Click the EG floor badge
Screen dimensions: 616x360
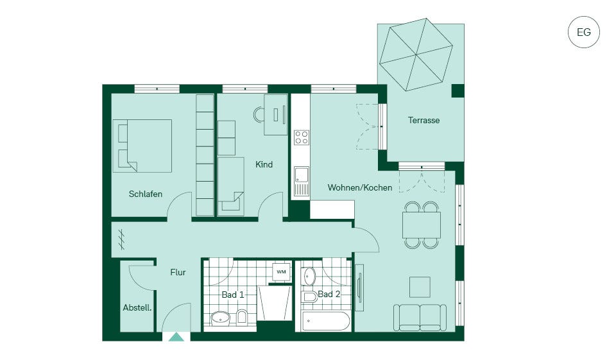click(583, 32)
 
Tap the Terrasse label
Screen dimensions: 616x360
click(424, 120)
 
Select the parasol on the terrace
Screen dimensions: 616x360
click(416, 55)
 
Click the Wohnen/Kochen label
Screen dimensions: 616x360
click(360, 187)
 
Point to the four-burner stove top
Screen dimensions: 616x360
click(302, 137)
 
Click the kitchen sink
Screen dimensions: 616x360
click(302, 181)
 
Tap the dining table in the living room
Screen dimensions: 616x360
click(422, 225)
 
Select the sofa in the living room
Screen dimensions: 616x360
click(420, 318)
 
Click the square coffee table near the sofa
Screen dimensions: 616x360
click(420, 287)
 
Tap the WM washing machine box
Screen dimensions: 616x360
click(281, 271)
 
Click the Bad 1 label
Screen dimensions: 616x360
click(233, 295)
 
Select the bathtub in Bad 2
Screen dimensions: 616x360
click(326, 321)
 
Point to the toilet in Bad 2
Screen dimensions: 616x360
click(310, 297)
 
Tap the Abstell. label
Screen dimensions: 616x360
click(137, 308)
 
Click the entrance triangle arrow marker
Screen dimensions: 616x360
click(176, 337)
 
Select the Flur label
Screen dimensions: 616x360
click(178, 272)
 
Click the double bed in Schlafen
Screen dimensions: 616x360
click(142, 146)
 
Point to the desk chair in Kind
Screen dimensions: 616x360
click(259, 115)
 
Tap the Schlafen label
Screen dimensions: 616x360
click(146, 194)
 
